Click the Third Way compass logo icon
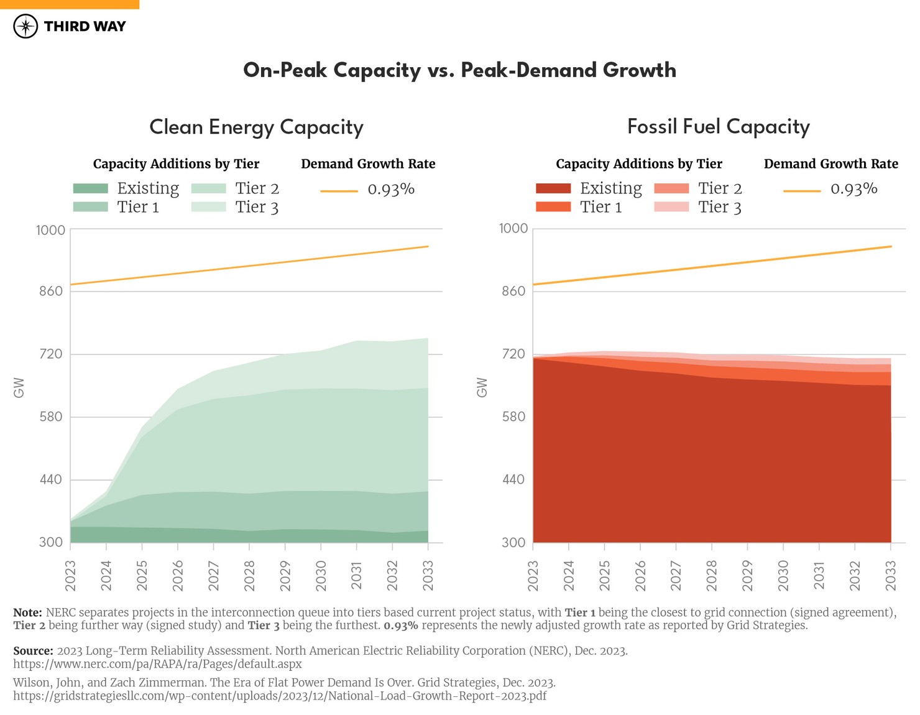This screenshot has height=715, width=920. coord(25,26)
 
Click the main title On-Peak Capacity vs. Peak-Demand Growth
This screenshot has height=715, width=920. coord(459,70)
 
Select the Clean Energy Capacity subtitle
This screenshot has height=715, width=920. coord(256,127)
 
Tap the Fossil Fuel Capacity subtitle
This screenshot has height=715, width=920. coord(718,127)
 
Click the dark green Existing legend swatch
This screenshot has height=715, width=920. coord(91,188)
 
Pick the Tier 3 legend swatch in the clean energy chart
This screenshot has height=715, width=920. coord(208,207)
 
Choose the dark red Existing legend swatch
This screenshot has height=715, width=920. coord(553,188)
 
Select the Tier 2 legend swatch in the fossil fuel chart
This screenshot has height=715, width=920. coord(671,188)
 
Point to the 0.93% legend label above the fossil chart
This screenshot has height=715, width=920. coord(853,189)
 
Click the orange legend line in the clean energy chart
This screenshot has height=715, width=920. coord(339,191)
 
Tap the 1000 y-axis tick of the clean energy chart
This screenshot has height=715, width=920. coord(50,230)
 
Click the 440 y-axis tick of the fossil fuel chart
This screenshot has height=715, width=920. coord(513,479)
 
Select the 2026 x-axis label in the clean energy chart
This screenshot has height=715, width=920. coord(178,575)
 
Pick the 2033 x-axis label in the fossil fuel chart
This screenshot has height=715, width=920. coord(890,575)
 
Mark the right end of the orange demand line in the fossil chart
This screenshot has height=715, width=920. coord(891,247)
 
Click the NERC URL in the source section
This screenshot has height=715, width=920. coord(157,664)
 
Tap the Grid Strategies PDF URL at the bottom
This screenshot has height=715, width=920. coord(280,696)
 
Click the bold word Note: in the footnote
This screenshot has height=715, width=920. coord(27,612)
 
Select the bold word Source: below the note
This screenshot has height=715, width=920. coord(33,651)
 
